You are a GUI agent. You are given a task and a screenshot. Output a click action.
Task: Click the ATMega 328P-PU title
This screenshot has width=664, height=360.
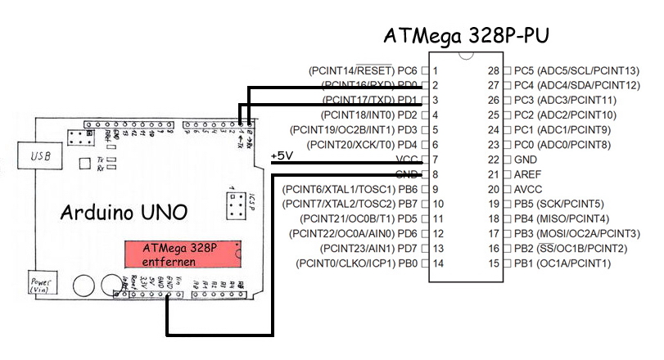(466, 37)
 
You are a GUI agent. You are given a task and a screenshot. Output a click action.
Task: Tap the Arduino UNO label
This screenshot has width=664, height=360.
(124, 212)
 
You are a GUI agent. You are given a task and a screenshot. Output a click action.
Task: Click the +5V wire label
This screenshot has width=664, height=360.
(282, 155)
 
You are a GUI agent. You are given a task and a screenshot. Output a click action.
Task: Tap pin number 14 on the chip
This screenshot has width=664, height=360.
(439, 263)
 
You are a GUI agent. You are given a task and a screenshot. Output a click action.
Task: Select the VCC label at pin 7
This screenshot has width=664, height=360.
(406, 160)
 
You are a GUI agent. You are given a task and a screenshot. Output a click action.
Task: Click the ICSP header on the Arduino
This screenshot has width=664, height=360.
(233, 205)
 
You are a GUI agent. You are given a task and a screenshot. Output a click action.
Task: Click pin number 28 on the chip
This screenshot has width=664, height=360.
(493, 70)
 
